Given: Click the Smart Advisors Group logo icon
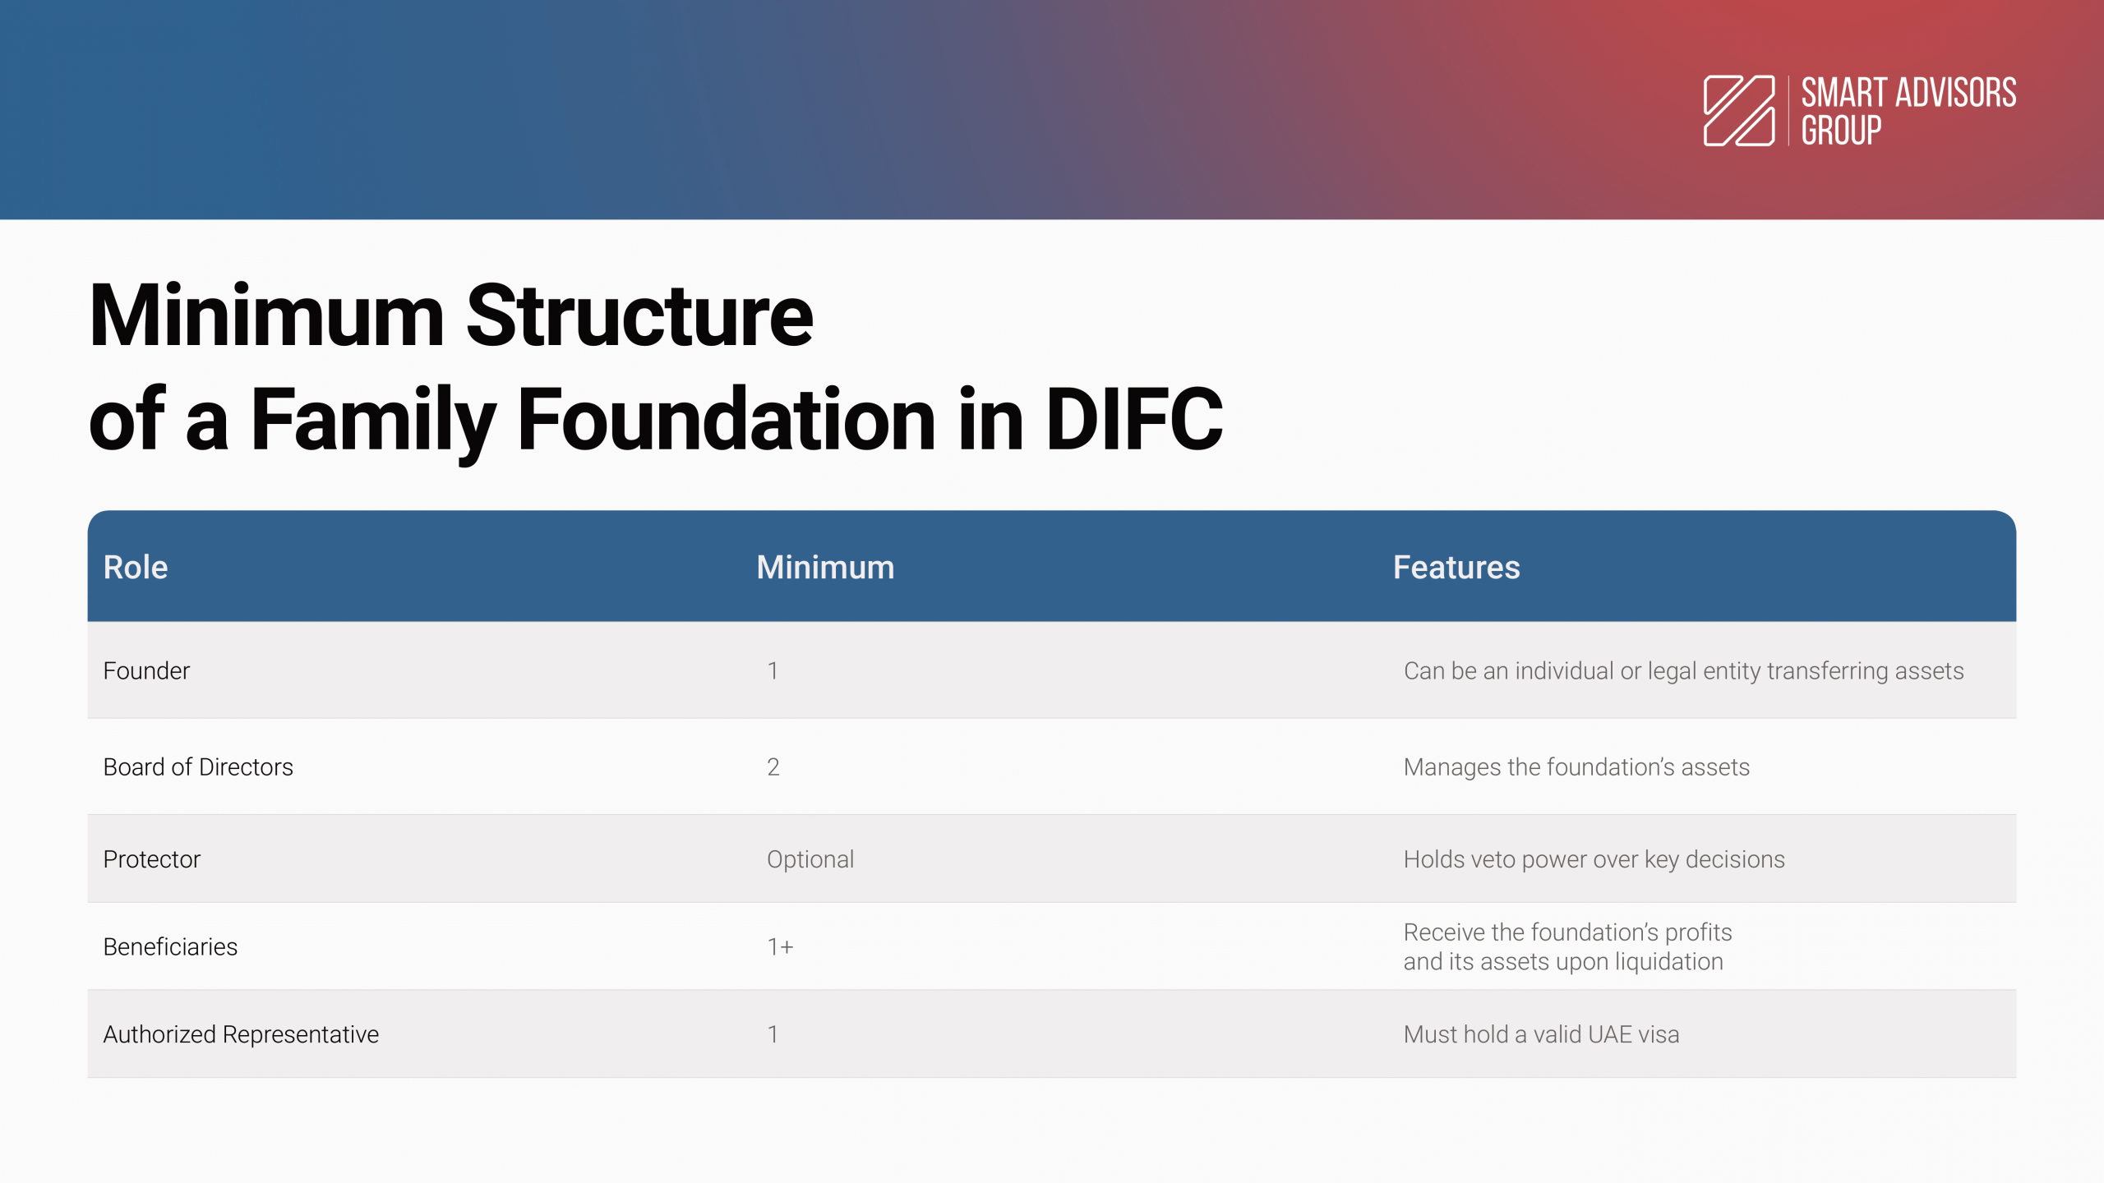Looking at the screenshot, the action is (x=1739, y=111).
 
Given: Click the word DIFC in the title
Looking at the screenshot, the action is (x=1134, y=420).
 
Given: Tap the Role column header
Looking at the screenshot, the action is (x=136, y=568).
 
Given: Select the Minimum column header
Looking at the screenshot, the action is (x=825, y=568).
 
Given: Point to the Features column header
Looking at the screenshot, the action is (x=1456, y=568).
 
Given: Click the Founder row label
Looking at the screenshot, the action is (x=146, y=671).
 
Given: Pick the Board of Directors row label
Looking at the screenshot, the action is (x=198, y=767).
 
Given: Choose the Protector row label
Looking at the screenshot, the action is (x=152, y=859).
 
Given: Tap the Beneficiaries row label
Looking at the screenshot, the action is (x=170, y=947).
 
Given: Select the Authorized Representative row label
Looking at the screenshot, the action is (x=241, y=1034).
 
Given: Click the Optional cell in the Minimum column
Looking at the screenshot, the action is (x=810, y=860).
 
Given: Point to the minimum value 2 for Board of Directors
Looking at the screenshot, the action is (x=773, y=767).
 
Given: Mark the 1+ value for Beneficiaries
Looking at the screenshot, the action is (x=780, y=947).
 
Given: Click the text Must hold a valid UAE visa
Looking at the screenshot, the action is (x=1541, y=1034).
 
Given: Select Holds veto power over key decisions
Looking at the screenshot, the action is (x=1594, y=860).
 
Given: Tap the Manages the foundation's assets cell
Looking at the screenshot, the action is (x=1576, y=767).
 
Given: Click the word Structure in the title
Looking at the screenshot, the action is (x=639, y=316).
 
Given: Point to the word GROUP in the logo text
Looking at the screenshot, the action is (x=1841, y=131).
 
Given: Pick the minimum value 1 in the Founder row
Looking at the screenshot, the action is (x=773, y=671).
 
